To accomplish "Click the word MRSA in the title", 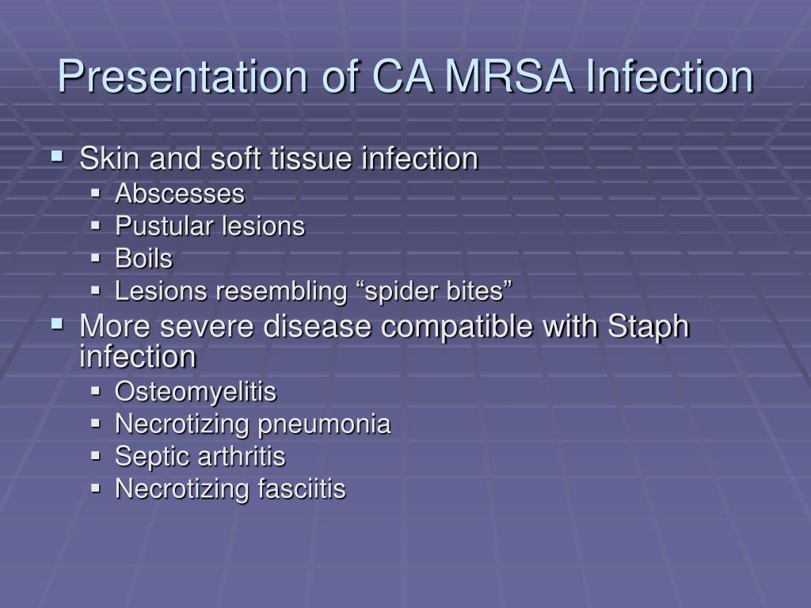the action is click(x=509, y=76).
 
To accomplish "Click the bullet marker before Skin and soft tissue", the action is click(x=57, y=155).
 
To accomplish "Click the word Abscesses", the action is click(x=180, y=194).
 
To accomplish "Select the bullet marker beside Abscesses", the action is click(x=95, y=193).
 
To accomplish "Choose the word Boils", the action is click(x=143, y=259).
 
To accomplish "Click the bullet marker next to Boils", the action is click(x=95, y=258).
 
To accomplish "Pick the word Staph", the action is click(x=648, y=328).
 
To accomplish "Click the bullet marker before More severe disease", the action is click(x=57, y=324).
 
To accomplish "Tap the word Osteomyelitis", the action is click(x=196, y=392).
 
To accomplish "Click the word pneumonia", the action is click(x=324, y=424).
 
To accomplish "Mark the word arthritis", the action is click(x=242, y=457).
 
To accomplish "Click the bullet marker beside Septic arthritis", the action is click(x=95, y=456).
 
